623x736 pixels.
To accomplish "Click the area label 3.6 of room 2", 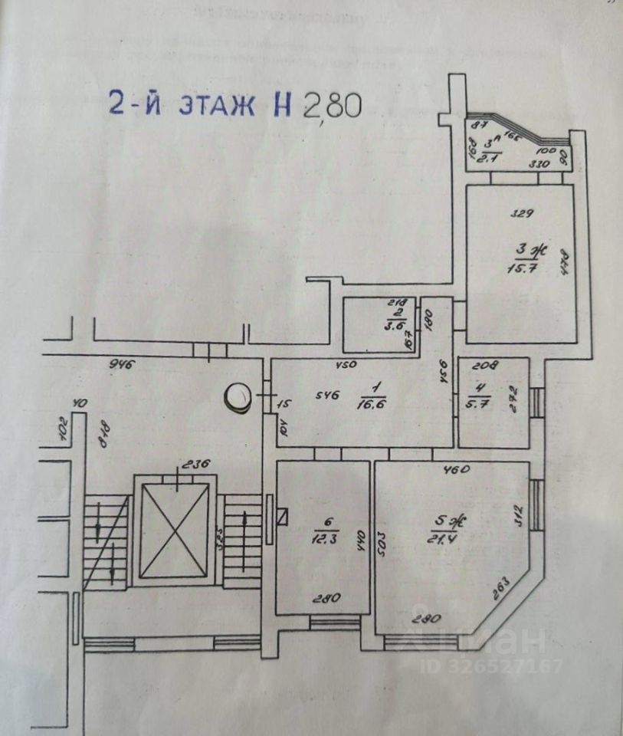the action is [x=397, y=324].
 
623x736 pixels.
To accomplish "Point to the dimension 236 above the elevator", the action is [x=194, y=464].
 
